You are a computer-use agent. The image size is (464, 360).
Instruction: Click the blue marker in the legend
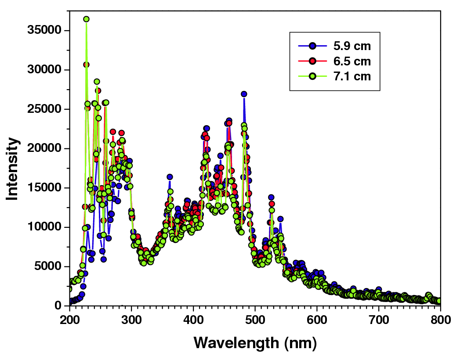point(312,46)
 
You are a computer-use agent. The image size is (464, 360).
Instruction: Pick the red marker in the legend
point(312,61)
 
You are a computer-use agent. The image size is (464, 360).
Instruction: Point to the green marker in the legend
point(312,76)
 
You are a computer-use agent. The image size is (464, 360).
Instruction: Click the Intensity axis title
point(13,169)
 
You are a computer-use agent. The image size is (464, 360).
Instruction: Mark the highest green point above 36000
point(86,19)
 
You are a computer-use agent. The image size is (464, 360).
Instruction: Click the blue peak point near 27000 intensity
point(244,94)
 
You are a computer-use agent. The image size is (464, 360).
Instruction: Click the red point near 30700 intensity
point(86,65)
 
